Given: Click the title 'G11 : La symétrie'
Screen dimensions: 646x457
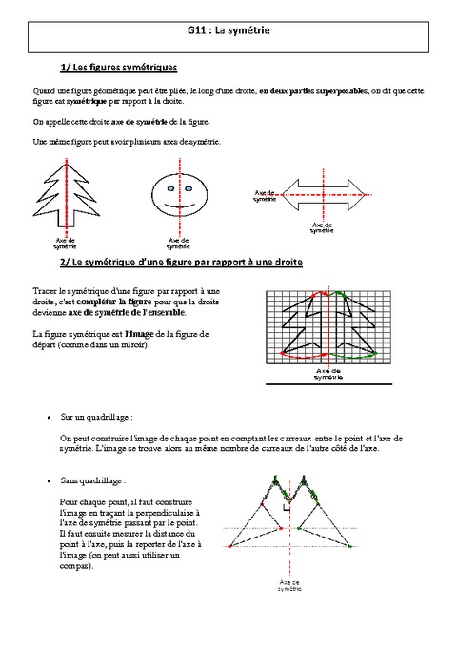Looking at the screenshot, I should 228,30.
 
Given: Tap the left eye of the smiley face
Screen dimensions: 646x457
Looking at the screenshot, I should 171,189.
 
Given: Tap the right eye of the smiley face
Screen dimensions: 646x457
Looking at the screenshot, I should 188,189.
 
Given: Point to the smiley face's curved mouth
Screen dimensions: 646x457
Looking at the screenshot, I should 179,205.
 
